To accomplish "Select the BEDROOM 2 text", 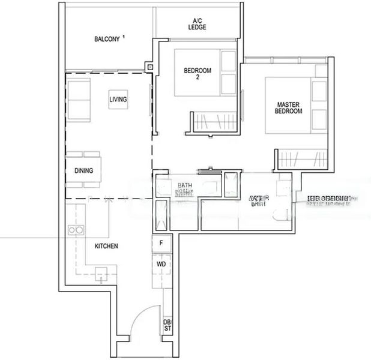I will (198, 74).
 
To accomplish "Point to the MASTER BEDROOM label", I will (288, 107).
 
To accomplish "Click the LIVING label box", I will (118, 99).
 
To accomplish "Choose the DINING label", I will (84, 170).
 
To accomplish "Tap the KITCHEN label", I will (106, 246).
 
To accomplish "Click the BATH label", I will (184, 186).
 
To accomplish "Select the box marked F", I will (161, 243).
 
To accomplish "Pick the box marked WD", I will (161, 263).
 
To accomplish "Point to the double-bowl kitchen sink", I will (75, 229).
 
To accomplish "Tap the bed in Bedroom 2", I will (204, 72).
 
